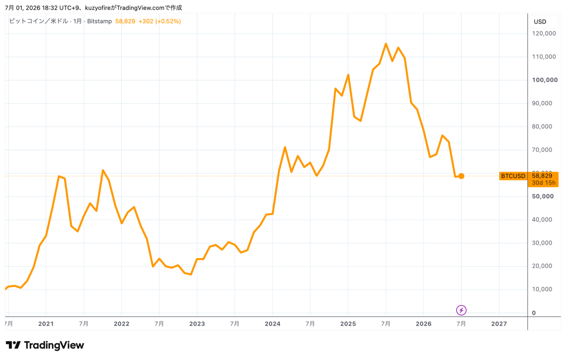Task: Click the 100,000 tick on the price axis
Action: point(545,80)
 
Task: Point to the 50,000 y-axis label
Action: point(543,196)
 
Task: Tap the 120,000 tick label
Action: point(544,33)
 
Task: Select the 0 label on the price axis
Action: point(534,313)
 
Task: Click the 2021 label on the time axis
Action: point(46,324)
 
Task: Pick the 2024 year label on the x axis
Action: point(273,324)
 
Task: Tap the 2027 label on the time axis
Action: point(499,324)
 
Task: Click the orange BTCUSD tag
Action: point(513,176)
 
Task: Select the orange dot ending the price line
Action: point(461,176)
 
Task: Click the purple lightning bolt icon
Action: point(461,310)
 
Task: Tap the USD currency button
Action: point(540,22)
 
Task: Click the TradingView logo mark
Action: point(13,345)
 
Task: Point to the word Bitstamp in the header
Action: point(100,21)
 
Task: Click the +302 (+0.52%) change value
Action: point(160,21)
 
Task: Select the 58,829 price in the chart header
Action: point(125,21)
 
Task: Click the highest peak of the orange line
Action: point(386,44)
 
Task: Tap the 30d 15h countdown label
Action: point(544,183)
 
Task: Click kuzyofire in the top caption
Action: point(98,8)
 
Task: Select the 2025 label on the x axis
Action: point(348,324)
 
